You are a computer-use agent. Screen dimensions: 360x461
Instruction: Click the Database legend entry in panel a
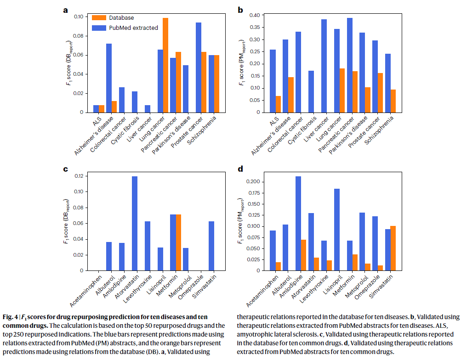pos(121,18)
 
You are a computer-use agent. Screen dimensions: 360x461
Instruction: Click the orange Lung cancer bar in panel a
pos(165,65)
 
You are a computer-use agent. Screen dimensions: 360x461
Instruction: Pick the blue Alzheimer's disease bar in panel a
pos(109,78)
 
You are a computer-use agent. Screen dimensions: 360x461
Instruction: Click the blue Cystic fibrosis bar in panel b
pos(311,91)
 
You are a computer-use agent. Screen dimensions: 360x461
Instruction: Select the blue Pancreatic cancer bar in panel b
pos(350,65)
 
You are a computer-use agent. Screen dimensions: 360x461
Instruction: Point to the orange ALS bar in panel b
pos(279,104)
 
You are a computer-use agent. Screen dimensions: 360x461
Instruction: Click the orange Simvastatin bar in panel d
pos(393,248)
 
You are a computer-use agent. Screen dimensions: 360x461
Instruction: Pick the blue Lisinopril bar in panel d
pos(336,230)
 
